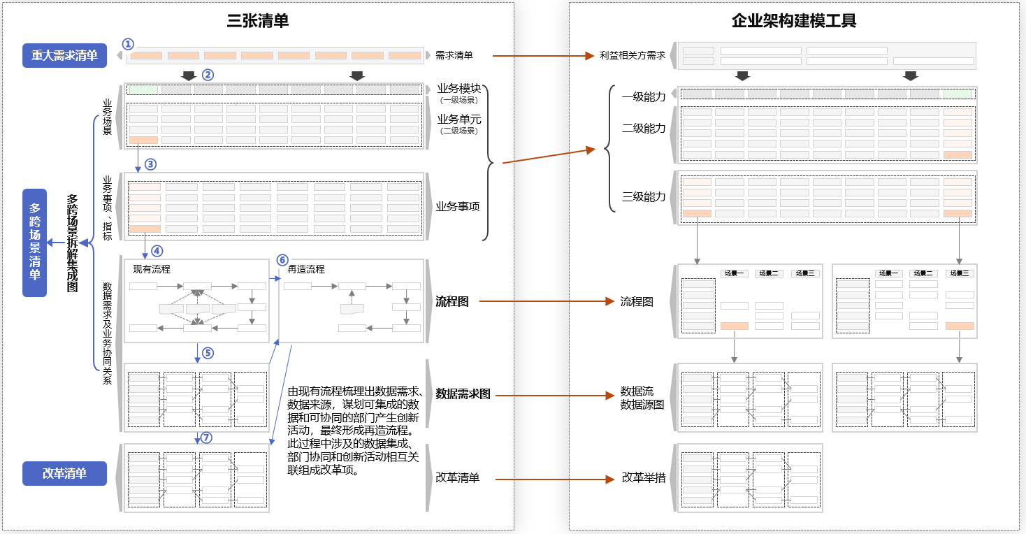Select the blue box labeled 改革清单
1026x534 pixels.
pos(64,473)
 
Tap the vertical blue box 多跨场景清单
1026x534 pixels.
pos(34,243)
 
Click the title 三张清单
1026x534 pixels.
pos(258,21)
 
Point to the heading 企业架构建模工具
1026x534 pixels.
pos(794,21)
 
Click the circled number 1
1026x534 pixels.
pos(127,44)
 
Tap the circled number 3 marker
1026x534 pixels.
pos(150,165)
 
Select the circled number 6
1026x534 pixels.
pos(282,260)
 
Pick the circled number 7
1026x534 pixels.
pos(205,438)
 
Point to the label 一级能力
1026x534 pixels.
pos(644,96)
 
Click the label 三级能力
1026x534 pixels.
pos(644,197)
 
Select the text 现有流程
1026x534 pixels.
pos(152,269)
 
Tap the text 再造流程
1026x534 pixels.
pos(306,269)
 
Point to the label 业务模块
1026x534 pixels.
pos(459,88)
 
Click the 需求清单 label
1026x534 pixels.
pos(454,55)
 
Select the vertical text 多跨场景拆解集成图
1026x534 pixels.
pos(72,243)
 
